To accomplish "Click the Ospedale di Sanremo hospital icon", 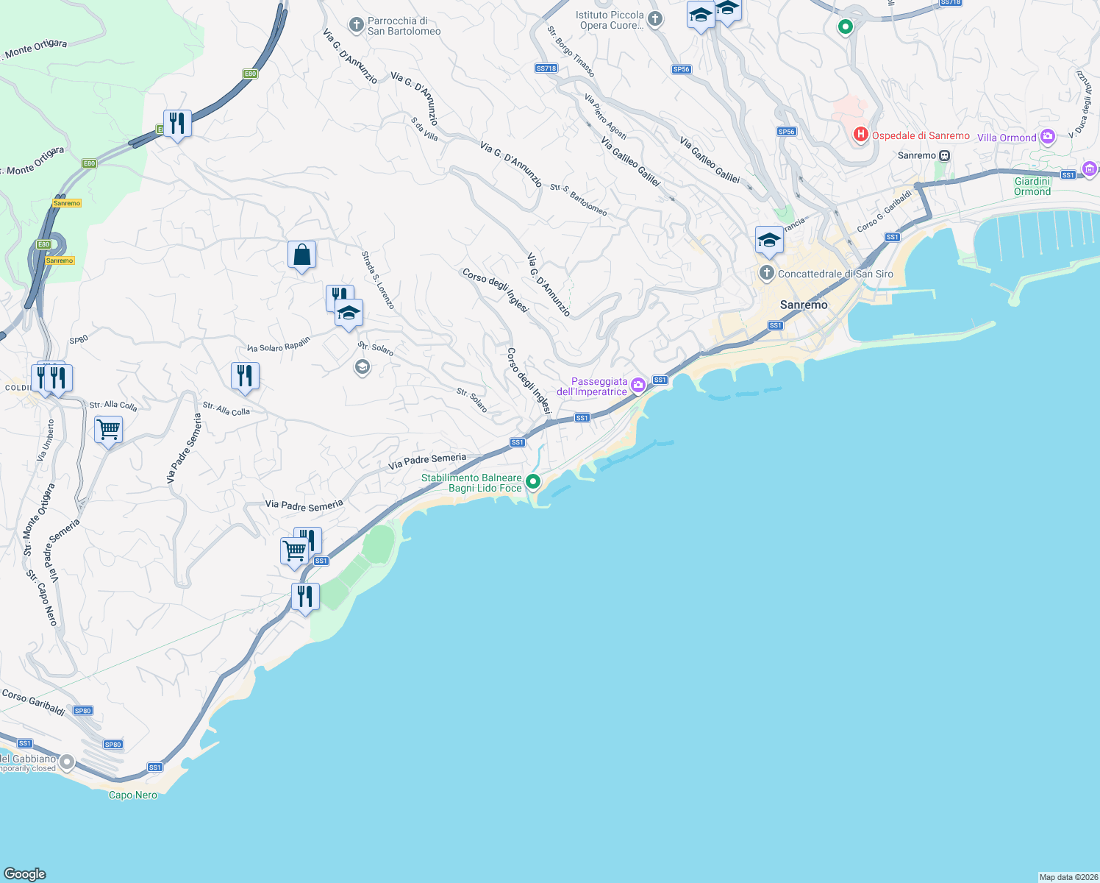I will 860,135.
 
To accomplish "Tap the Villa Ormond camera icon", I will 1048,136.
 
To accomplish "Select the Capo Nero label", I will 133,795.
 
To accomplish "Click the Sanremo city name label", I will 804,305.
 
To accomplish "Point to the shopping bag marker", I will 301,255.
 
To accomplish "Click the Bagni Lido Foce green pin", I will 533,481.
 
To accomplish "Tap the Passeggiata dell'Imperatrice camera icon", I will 638,384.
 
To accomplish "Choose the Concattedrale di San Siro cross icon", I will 766,274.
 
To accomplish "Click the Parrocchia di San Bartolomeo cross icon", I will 356,26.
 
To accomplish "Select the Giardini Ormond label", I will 1032,186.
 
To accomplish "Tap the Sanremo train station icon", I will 945,155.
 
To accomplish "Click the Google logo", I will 25,874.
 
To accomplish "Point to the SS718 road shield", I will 546,68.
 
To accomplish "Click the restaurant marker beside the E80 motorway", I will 177,123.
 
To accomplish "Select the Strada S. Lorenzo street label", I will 377,280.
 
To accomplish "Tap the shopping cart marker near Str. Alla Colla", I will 108,429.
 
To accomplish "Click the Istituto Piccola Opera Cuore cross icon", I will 655,19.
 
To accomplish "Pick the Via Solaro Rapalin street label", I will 279,344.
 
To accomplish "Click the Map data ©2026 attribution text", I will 1068,877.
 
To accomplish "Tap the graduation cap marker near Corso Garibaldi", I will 769,241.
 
